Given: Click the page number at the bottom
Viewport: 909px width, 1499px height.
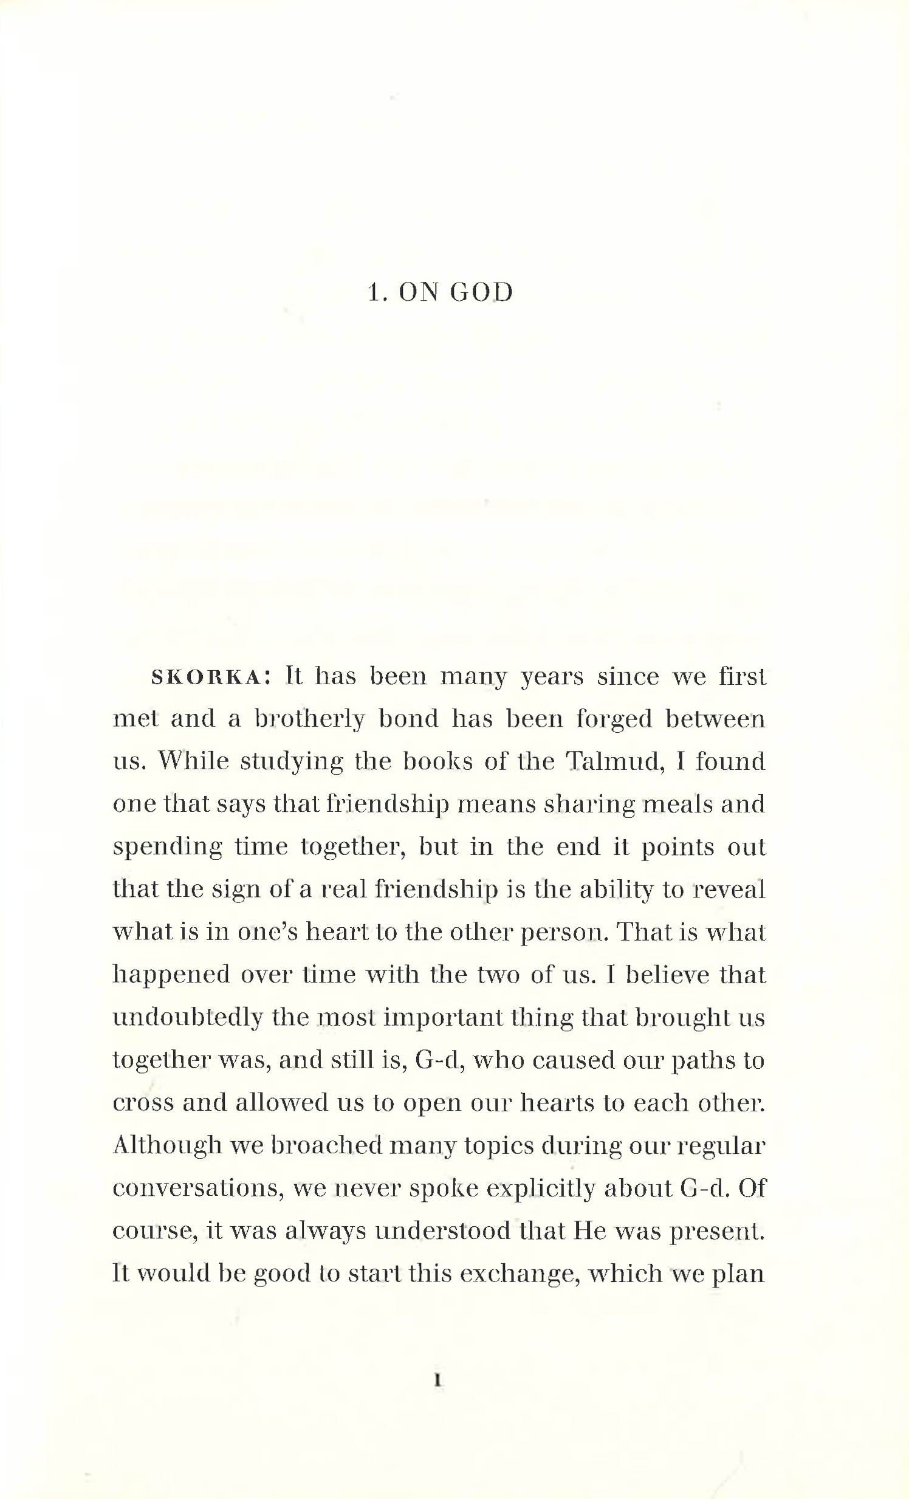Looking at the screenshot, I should [x=437, y=1381].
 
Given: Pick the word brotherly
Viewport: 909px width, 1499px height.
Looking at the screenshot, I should [x=310, y=719].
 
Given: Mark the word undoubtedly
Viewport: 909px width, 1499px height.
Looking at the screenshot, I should [x=187, y=1018].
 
